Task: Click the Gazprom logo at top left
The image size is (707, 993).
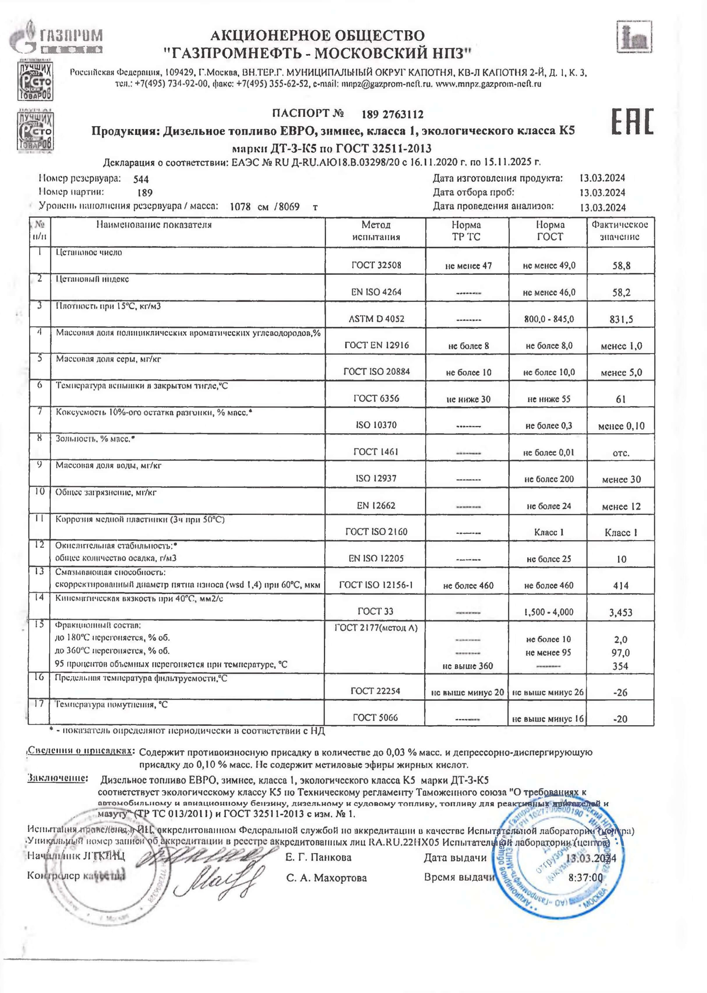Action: click(57, 37)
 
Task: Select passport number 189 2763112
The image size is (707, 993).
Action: click(392, 115)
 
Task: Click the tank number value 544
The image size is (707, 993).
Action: click(141, 179)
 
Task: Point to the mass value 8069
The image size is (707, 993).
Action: click(289, 207)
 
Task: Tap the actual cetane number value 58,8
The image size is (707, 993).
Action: click(621, 265)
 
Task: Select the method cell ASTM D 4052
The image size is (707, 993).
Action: click(376, 319)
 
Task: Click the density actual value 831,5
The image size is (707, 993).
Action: click(621, 319)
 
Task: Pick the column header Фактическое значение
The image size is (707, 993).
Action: click(620, 231)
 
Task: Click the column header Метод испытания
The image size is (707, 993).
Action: click(376, 231)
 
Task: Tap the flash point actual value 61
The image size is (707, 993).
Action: click(621, 399)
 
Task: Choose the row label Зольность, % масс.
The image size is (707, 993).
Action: click(95, 439)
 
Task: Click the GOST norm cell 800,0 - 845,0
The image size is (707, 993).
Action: click(549, 319)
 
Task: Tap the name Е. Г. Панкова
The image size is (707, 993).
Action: click(318, 858)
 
